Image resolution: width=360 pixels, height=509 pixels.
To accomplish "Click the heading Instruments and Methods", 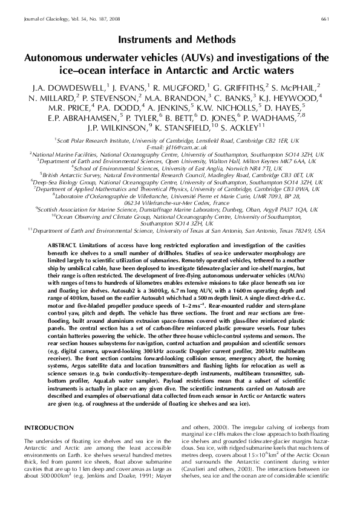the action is (180, 41).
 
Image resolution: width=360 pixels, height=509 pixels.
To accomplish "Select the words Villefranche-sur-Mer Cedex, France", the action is (180, 204).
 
